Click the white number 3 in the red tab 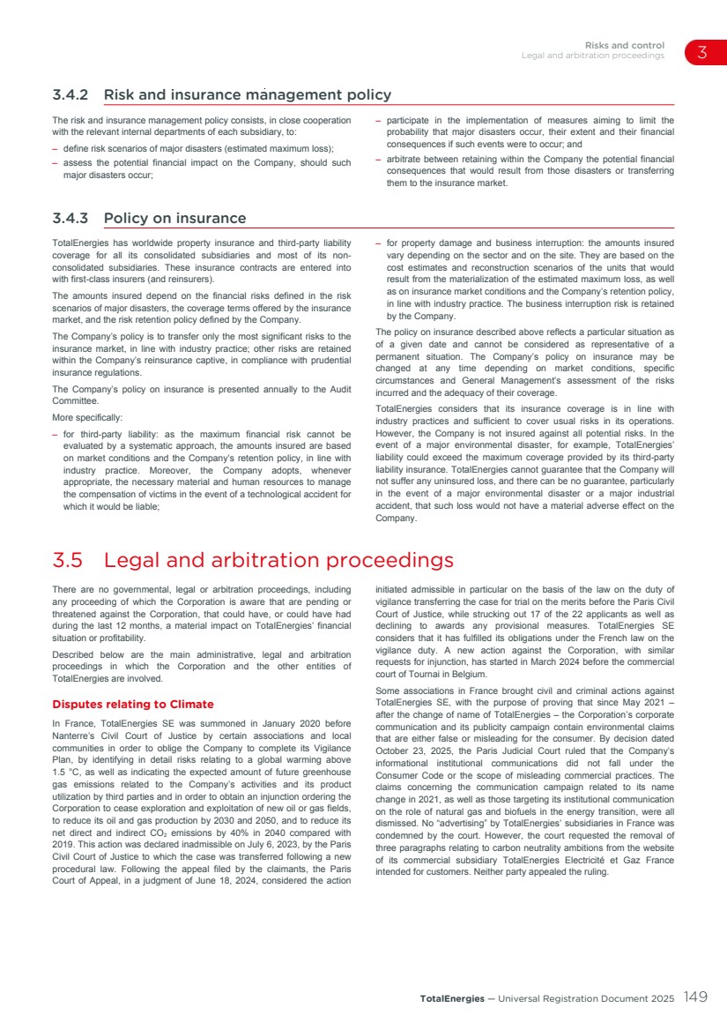coord(702,52)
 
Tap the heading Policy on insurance coord(174,218)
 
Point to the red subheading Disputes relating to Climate coord(133,704)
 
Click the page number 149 coord(695,997)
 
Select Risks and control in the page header coord(624,46)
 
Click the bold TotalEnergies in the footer coord(452,998)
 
